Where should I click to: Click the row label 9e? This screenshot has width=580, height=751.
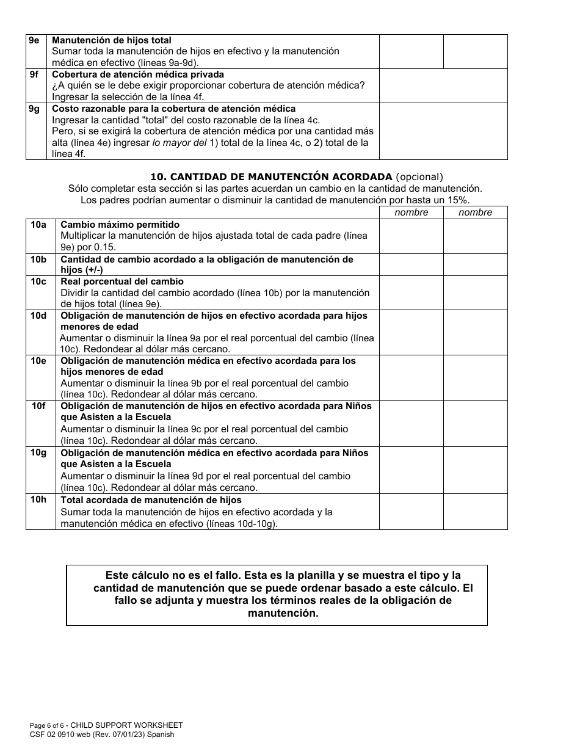[x=34, y=40]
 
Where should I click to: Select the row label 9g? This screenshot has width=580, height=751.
[x=34, y=109]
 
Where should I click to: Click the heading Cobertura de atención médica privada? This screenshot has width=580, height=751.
[x=138, y=74]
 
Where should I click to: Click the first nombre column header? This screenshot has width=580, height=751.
[x=411, y=212]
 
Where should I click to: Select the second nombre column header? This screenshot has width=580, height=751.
[x=475, y=212]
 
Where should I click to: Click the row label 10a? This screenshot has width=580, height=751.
[x=39, y=225]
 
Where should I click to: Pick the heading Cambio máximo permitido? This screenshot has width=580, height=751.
[x=120, y=225]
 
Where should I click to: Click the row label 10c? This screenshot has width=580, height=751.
[x=39, y=281]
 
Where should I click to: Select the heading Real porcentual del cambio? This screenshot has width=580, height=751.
[x=122, y=281]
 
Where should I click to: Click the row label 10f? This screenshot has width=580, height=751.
[x=39, y=406]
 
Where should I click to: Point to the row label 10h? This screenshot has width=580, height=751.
[x=39, y=500]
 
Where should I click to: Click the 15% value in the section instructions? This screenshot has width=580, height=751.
[x=459, y=200]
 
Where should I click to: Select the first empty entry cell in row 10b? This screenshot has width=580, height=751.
[x=411, y=264]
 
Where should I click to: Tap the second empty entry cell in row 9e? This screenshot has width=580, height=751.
[x=475, y=51]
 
